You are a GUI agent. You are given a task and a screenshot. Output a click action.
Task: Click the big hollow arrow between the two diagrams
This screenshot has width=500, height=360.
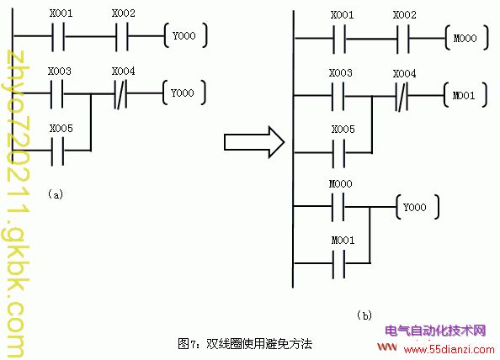(x=254, y=142)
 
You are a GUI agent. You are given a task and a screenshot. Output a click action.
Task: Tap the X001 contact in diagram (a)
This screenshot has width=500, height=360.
(x=58, y=36)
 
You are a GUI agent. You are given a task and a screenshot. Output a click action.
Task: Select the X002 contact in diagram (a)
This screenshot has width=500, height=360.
(x=121, y=36)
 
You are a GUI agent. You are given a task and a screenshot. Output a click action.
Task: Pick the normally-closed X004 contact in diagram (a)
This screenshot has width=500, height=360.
(x=120, y=94)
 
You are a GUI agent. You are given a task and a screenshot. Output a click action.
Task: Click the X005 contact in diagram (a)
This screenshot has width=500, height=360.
(x=58, y=151)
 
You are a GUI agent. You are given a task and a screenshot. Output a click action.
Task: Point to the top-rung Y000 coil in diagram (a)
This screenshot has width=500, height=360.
(x=185, y=35)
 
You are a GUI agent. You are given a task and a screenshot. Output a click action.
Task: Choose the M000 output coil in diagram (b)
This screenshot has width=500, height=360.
(x=466, y=38)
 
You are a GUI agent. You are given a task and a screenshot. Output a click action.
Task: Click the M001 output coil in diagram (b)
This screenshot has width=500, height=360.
(x=465, y=95)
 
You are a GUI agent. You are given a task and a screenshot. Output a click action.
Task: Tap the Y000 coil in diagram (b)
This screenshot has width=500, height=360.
(x=418, y=207)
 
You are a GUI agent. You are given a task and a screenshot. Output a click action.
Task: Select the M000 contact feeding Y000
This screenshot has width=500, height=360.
(x=338, y=207)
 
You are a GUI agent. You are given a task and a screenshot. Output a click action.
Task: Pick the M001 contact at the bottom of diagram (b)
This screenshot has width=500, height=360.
(x=338, y=264)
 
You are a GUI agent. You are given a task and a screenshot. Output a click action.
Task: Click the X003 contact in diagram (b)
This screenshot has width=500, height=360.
(x=338, y=96)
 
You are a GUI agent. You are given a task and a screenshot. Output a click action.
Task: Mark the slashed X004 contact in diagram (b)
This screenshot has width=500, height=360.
(x=402, y=96)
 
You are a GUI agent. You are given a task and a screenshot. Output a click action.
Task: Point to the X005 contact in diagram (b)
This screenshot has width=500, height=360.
(x=338, y=153)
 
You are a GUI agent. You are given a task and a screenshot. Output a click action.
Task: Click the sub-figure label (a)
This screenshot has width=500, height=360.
(x=56, y=194)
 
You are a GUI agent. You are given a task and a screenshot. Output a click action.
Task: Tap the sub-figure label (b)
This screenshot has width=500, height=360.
(x=364, y=315)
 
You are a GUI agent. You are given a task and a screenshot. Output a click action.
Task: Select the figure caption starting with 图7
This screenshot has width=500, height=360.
(x=245, y=344)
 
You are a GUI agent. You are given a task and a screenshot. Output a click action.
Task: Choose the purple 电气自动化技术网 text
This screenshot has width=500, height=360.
(x=435, y=331)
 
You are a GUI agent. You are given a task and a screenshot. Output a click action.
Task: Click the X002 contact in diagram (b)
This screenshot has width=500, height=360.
(x=403, y=39)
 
